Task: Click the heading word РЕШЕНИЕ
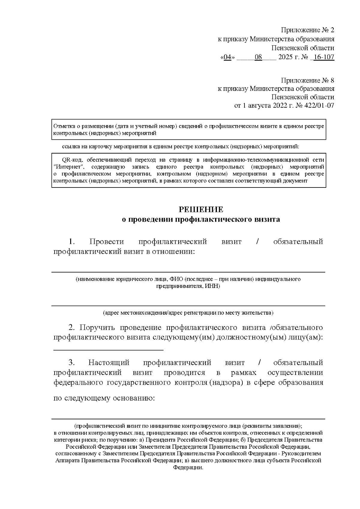click(x=201, y=209)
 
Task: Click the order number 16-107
click(x=324, y=57)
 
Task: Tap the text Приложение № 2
click(x=307, y=30)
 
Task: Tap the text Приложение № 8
click(x=307, y=80)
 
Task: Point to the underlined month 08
click(x=258, y=57)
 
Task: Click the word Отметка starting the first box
click(x=62, y=126)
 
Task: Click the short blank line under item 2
click(x=108, y=350)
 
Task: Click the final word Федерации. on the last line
click(x=188, y=468)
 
